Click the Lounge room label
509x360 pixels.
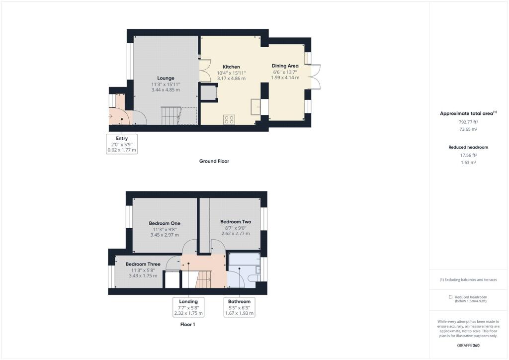(166, 78)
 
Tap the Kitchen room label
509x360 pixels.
(231, 67)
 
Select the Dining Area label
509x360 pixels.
(285, 66)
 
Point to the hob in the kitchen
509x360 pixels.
(229, 119)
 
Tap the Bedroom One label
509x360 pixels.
(165, 223)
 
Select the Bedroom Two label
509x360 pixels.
(236, 222)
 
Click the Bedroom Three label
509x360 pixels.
(143, 264)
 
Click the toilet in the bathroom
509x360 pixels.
(254, 278)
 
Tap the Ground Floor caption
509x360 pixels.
(214, 161)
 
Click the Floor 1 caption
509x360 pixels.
(187, 324)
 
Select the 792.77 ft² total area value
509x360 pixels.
(468, 122)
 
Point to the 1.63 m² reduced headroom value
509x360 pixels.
(468, 162)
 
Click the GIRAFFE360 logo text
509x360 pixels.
(468, 346)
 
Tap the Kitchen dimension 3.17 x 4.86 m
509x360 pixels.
(231, 79)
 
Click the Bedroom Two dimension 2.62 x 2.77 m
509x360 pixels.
(236, 233)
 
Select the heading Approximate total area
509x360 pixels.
(466, 113)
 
